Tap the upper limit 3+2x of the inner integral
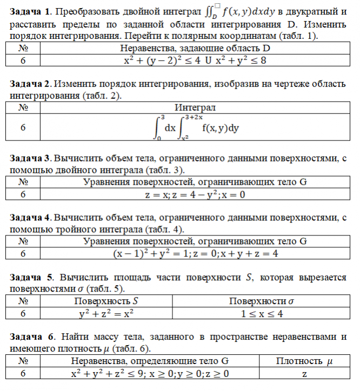[193, 117]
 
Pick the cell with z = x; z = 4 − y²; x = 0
[195, 194]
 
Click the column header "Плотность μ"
[305, 361]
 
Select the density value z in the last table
[305, 373]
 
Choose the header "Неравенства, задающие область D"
[195, 49]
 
